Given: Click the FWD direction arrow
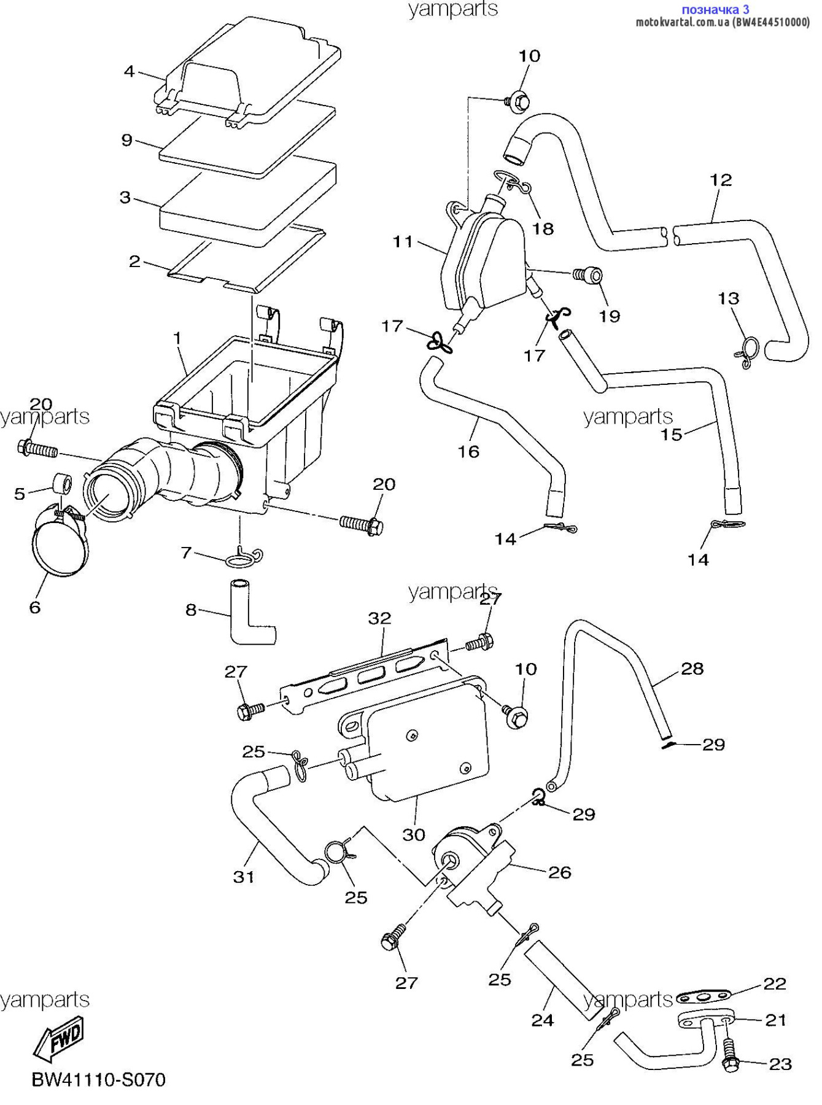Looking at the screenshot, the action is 58,1039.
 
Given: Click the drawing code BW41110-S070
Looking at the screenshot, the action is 99,1080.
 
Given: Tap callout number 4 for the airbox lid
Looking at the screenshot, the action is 129,72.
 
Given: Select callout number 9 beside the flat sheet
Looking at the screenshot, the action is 127,141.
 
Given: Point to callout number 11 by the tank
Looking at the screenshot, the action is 403,242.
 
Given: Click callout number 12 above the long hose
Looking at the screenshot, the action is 721,180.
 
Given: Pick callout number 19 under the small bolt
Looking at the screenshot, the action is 610,316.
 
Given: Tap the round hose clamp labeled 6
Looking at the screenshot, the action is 60,543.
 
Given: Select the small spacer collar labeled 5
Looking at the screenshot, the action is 61,483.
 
